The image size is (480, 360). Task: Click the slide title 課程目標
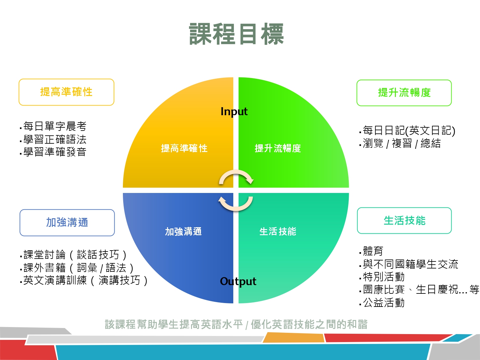(x=236, y=34)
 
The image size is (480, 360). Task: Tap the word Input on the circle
(x=234, y=112)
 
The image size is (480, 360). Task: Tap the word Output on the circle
(x=238, y=282)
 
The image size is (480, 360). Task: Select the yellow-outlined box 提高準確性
(x=67, y=92)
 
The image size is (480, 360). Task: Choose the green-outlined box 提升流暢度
(x=404, y=93)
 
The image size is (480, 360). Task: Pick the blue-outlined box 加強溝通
(x=67, y=222)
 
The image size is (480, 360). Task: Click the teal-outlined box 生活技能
(x=404, y=220)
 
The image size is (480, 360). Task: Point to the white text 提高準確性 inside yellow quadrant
(x=184, y=148)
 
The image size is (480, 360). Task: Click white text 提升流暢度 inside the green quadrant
(x=278, y=148)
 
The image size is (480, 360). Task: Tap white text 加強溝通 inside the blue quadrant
(x=183, y=231)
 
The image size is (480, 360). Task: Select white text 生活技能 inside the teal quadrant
(x=278, y=231)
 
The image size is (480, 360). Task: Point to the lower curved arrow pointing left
(x=236, y=208)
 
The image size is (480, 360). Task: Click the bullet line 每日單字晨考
(x=53, y=126)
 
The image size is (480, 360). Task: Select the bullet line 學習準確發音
(x=53, y=152)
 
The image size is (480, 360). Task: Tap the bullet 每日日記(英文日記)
(x=407, y=131)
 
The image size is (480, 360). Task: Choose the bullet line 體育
(x=371, y=251)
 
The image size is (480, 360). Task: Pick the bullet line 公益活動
(x=382, y=303)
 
